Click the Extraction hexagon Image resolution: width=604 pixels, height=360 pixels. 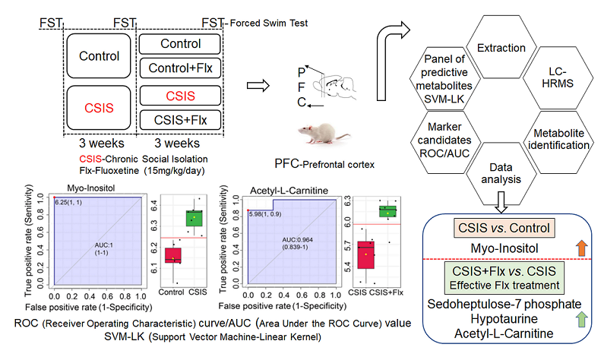(x=500, y=48)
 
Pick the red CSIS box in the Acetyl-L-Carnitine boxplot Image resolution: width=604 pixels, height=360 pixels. (x=367, y=254)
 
